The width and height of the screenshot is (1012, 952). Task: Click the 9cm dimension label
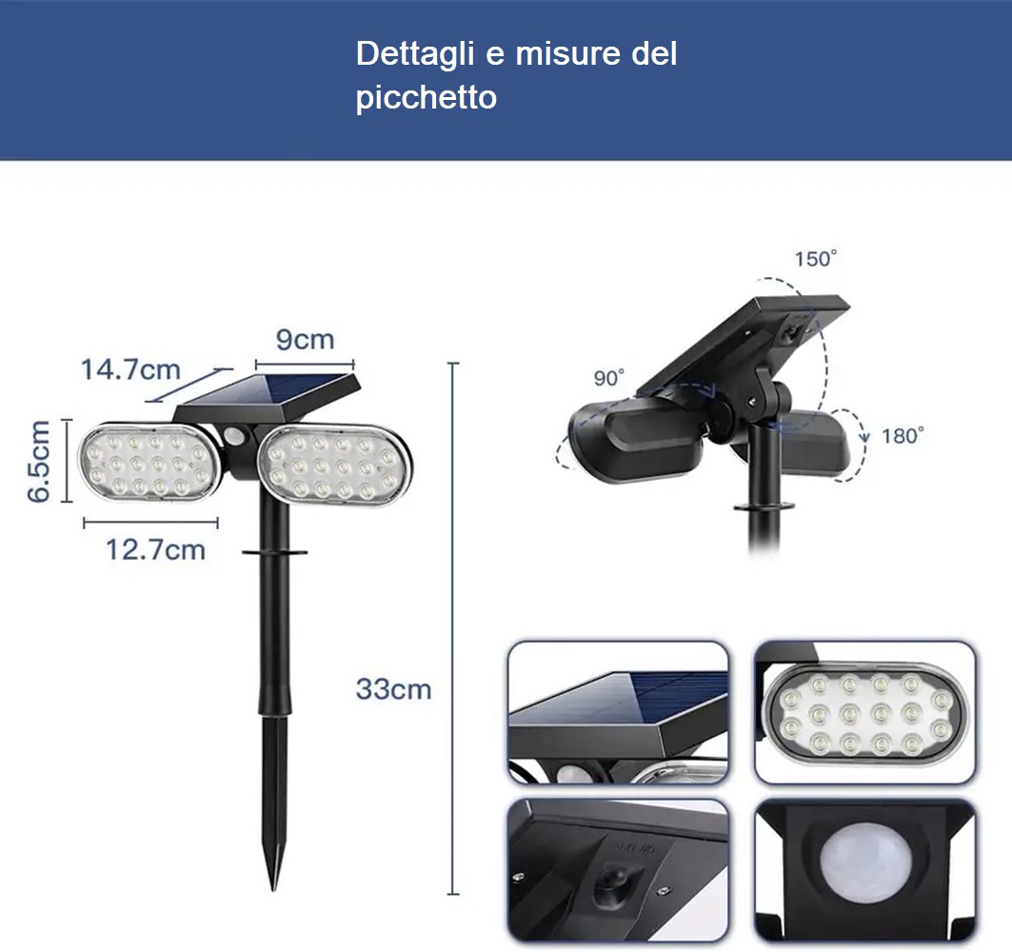coord(306,340)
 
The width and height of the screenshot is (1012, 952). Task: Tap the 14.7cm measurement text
coord(130,369)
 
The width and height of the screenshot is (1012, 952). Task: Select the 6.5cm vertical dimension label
coord(39,460)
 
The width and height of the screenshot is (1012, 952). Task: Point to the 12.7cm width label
coord(155,550)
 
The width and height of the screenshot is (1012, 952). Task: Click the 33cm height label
coord(394,689)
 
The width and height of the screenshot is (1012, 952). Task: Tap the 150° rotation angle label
coord(816,259)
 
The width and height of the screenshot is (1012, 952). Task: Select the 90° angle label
coord(608,378)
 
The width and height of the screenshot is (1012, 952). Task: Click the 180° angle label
coord(903,436)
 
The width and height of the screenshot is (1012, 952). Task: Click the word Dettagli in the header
coord(415,54)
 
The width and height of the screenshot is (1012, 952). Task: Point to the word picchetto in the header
coord(426,97)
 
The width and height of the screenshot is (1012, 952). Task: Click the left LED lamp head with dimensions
coord(149,462)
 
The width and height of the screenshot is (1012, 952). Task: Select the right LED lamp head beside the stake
coord(334,466)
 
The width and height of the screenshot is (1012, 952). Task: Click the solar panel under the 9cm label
coord(268,395)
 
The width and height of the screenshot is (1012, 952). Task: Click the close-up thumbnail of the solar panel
coord(618,712)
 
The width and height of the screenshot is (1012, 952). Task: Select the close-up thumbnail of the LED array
coord(864,712)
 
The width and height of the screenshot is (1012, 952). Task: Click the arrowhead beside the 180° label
coord(864,438)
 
